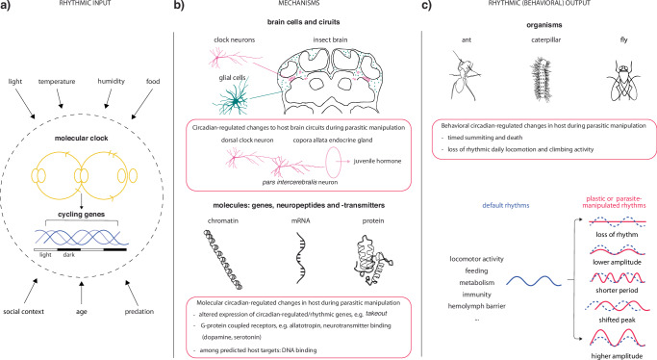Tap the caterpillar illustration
click(x=541, y=78)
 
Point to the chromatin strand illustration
click(x=223, y=260)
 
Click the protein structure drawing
click(x=372, y=260)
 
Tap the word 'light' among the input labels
click(x=15, y=81)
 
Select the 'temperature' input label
click(x=57, y=81)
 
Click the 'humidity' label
click(x=111, y=81)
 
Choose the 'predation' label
click(x=139, y=311)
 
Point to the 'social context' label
click(x=23, y=311)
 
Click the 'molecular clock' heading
click(x=82, y=138)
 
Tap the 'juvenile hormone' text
click(x=377, y=161)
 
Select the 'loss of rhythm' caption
click(x=617, y=234)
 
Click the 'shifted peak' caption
click(x=617, y=320)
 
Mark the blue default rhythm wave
click(x=534, y=281)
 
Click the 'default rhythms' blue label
click(x=506, y=205)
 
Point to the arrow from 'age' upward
click(x=82, y=293)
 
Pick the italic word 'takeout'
click(x=376, y=314)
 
